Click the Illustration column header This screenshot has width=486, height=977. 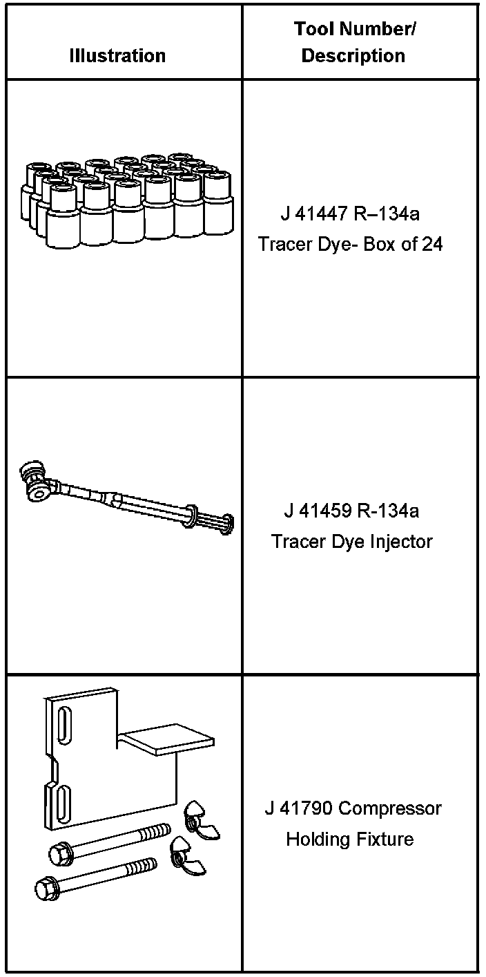(117, 56)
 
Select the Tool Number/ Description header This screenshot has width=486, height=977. (353, 42)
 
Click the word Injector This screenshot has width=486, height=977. (403, 541)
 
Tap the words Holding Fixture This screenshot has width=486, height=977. (350, 839)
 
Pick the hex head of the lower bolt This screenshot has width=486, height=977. (46, 887)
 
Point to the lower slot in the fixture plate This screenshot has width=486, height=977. (61, 801)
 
